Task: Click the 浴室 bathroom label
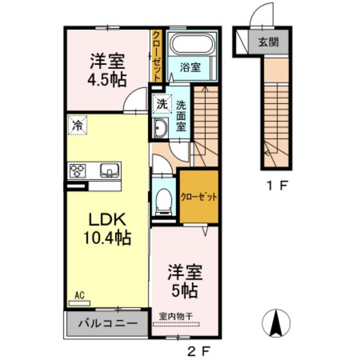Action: pyautogui.click(x=191, y=66)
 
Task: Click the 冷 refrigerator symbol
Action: pyautogui.click(x=76, y=125)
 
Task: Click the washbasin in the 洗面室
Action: pyautogui.click(x=160, y=129)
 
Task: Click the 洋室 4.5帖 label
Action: pyautogui.click(x=107, y=69)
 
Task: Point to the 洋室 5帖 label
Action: pyautogui.click(x=186, y=280)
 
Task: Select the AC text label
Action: pyautogui.click(x=80, y=295)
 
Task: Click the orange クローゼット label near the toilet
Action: pyautogui.click(x=198, y=197)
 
